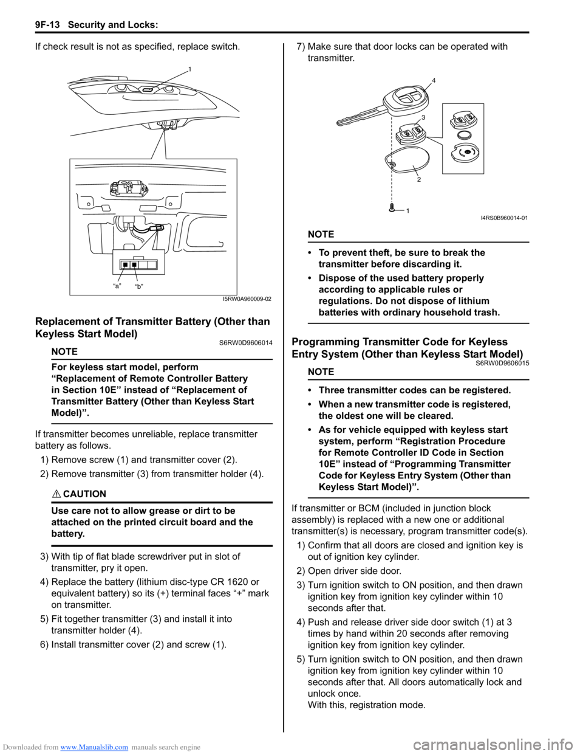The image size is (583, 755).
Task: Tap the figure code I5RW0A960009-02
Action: pyautogui.click(x=247, y=298)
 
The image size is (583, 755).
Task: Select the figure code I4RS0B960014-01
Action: pyautogui.click(x=503, y=218)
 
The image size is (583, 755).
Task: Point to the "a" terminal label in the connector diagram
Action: pyautogui.click(x=117, y=286)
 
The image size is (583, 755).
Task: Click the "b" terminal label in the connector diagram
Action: pyautogui.click(x=139, y=286)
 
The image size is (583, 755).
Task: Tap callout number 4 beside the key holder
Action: pyautogui.click(x=434, y=80)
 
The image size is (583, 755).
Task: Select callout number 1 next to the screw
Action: pyautogui.click(x=407, y=210)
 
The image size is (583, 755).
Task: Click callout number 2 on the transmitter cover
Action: pyautogui.click(x=418, y=179)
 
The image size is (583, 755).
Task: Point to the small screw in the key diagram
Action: pyautogui.click(x=393, y=208)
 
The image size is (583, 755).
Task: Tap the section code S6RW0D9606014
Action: pyautogui.click(x=246, y=343)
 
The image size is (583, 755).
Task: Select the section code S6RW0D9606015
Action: pyautogui.click(x=502, y=363)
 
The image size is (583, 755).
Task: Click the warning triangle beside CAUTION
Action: pyautogui.click(x=56, y=494)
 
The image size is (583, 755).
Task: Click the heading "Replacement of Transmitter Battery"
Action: pyautogui.click(x=152, y=322)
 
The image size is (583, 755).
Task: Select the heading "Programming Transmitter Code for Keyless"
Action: pyautogui.click(x=400, y=342)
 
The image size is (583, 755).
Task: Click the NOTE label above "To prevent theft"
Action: pyautogui.click(x=321, y=234)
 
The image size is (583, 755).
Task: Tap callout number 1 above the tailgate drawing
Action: pyautogui.click(x=189, y=70)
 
